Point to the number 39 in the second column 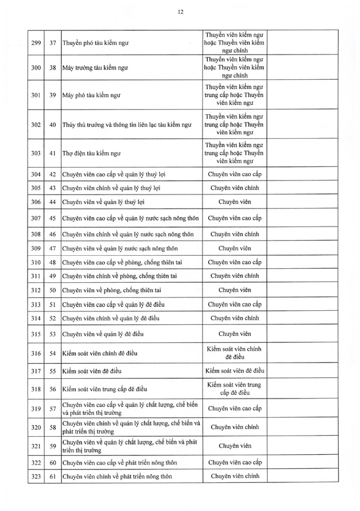pos(52,95)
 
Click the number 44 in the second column pos(52,202)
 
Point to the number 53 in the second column pos(52,334)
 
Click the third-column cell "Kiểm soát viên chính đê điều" pos(235,353)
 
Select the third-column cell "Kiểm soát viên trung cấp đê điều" pos(235,388)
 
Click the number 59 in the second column pos(52,446)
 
